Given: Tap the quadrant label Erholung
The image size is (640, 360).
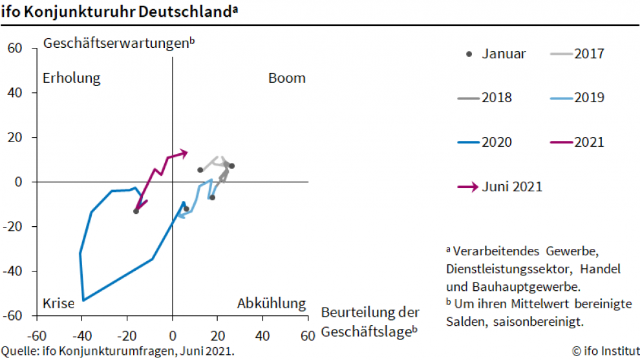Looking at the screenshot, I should click(72, 78).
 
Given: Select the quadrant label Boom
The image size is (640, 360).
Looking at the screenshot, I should click(286, 78).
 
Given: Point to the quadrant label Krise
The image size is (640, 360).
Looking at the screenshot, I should click(59, 303).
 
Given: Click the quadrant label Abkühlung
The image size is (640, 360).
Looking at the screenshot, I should click(271, 303).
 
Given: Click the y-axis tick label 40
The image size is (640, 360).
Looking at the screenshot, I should click(16, 92).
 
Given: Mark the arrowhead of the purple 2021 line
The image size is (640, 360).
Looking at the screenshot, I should click(185, 153).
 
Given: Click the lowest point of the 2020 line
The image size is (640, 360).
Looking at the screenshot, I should click(83, 300).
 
